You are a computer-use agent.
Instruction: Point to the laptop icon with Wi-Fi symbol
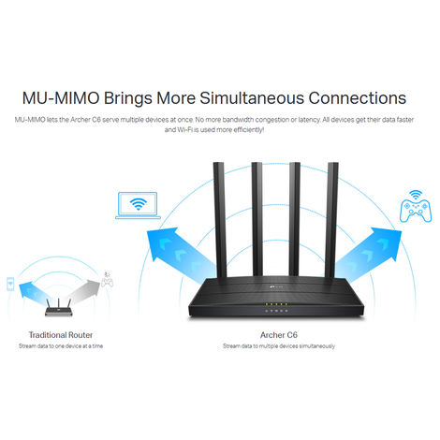coord(136,206)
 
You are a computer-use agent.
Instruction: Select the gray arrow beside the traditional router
coord(84,285)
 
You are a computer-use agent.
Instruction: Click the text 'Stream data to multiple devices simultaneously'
coord(278,345)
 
